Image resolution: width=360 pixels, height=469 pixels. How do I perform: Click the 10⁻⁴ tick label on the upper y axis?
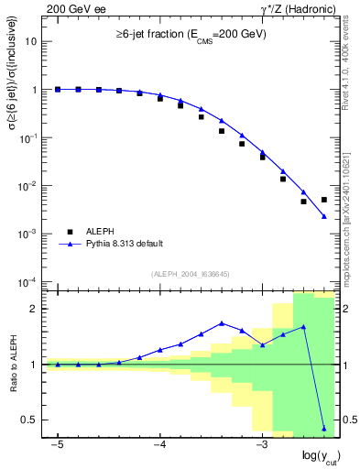29,281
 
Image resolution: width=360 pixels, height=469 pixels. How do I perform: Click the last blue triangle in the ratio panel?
324,428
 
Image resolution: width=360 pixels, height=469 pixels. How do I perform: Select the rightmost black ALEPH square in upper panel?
324,200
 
